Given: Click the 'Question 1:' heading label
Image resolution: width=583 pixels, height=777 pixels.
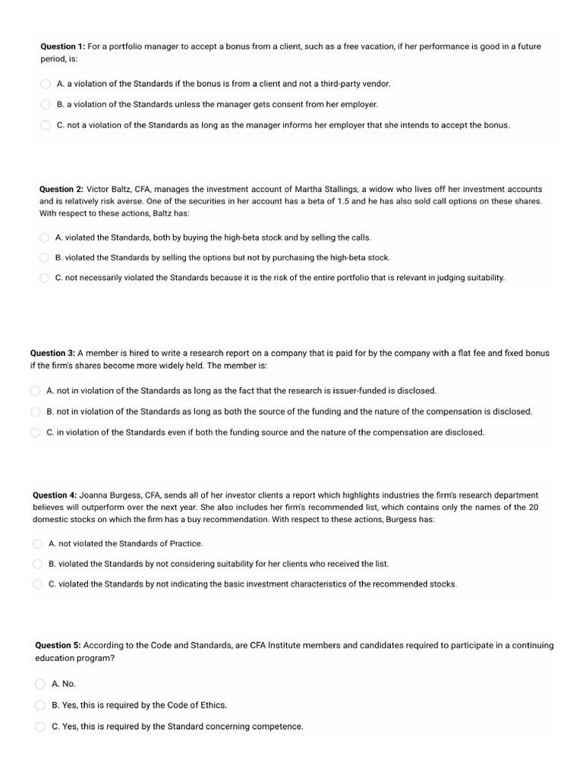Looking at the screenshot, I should coord(63,46).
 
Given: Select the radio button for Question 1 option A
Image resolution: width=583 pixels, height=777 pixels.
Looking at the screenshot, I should coord(46,84).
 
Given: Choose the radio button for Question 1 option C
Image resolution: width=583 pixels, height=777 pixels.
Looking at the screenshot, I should coord(46,125).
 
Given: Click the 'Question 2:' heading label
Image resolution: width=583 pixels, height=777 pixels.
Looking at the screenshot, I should coord(61,189).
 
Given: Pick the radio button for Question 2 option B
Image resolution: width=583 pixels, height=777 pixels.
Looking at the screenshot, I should coord(45,258).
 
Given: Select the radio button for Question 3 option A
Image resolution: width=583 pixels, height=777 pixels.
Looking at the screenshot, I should coord(35,391).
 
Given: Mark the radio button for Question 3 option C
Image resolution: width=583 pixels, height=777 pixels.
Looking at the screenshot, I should coord(35,433).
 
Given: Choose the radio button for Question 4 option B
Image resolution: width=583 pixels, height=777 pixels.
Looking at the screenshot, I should coord(38,564).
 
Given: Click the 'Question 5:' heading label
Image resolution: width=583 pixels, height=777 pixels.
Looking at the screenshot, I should coord(58,645).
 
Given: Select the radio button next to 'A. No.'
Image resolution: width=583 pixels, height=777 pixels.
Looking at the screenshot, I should coord(41,684).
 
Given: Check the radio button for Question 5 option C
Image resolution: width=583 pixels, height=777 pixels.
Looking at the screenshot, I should coord(41,726).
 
